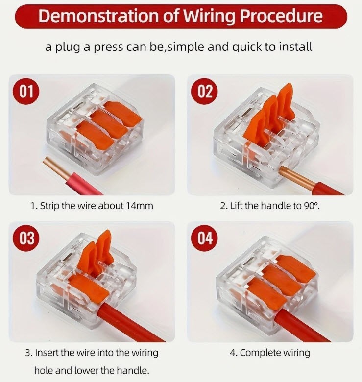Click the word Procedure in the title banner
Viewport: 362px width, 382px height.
[281, 16]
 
